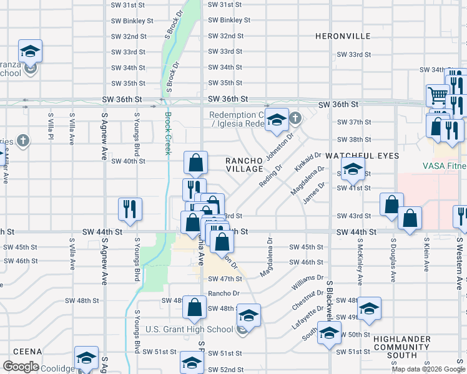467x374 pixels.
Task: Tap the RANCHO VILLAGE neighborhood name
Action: pyautogui.click(x=244, y=165)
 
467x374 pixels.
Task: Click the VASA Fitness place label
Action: pyautogui.click(x=444, y=166)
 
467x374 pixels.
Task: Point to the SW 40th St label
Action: pyautogui.click(x=128, y=161)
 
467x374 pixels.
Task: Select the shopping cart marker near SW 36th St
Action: pyautogui.click(x=438, y=96)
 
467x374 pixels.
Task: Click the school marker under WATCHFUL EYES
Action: pyautogui.click(x=353, y=168)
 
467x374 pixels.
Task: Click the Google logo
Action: pyautogui.click(x=21, y=367)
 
